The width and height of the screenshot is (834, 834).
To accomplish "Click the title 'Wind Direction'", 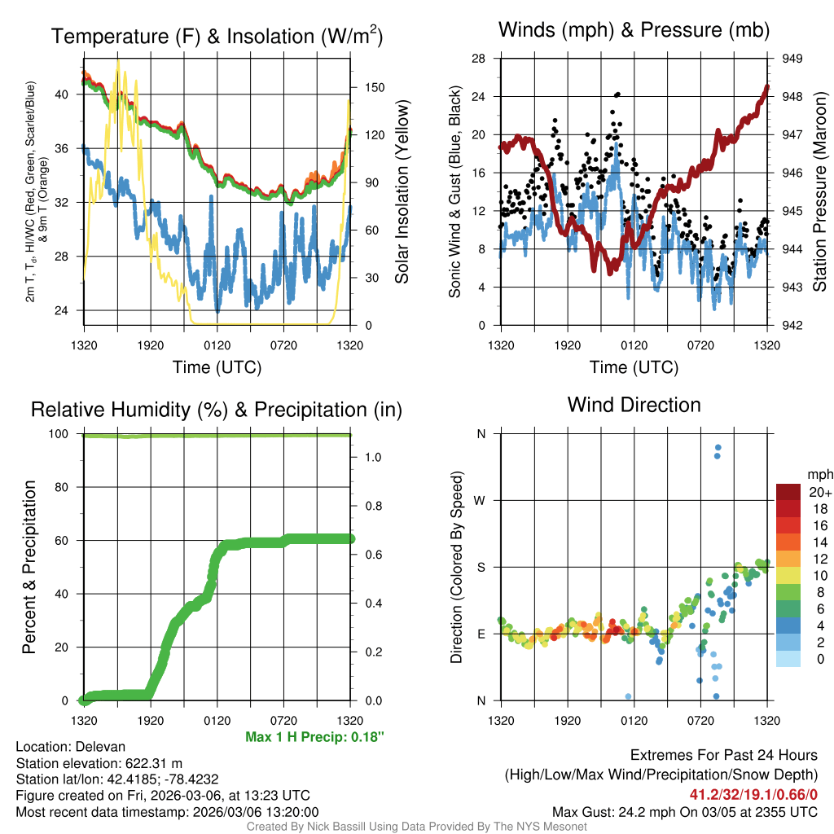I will tap(634, 405).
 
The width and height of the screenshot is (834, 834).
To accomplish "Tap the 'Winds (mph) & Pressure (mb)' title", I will tap(634, 30).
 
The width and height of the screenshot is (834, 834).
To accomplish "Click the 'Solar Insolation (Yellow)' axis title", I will tap(402, 192).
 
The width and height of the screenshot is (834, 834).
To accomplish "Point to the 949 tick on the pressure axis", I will tap(792, 59).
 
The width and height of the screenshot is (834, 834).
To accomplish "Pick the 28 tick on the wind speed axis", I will tap(479, 59).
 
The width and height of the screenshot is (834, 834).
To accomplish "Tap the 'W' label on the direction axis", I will tap(481, 500).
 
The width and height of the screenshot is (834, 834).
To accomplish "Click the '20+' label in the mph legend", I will tap(820, 492).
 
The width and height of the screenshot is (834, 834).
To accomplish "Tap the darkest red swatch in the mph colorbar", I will tap(788, 492).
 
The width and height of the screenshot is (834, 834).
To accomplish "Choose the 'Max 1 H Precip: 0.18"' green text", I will tap(314, 737).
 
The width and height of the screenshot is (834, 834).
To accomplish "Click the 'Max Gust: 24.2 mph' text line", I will tap(684, 811).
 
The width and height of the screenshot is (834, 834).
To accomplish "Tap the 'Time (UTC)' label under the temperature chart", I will tap(217, 367).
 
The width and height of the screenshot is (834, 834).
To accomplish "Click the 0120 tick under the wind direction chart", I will tap(634, 720).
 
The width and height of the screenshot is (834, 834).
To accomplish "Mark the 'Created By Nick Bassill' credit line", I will tap(416, 827).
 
